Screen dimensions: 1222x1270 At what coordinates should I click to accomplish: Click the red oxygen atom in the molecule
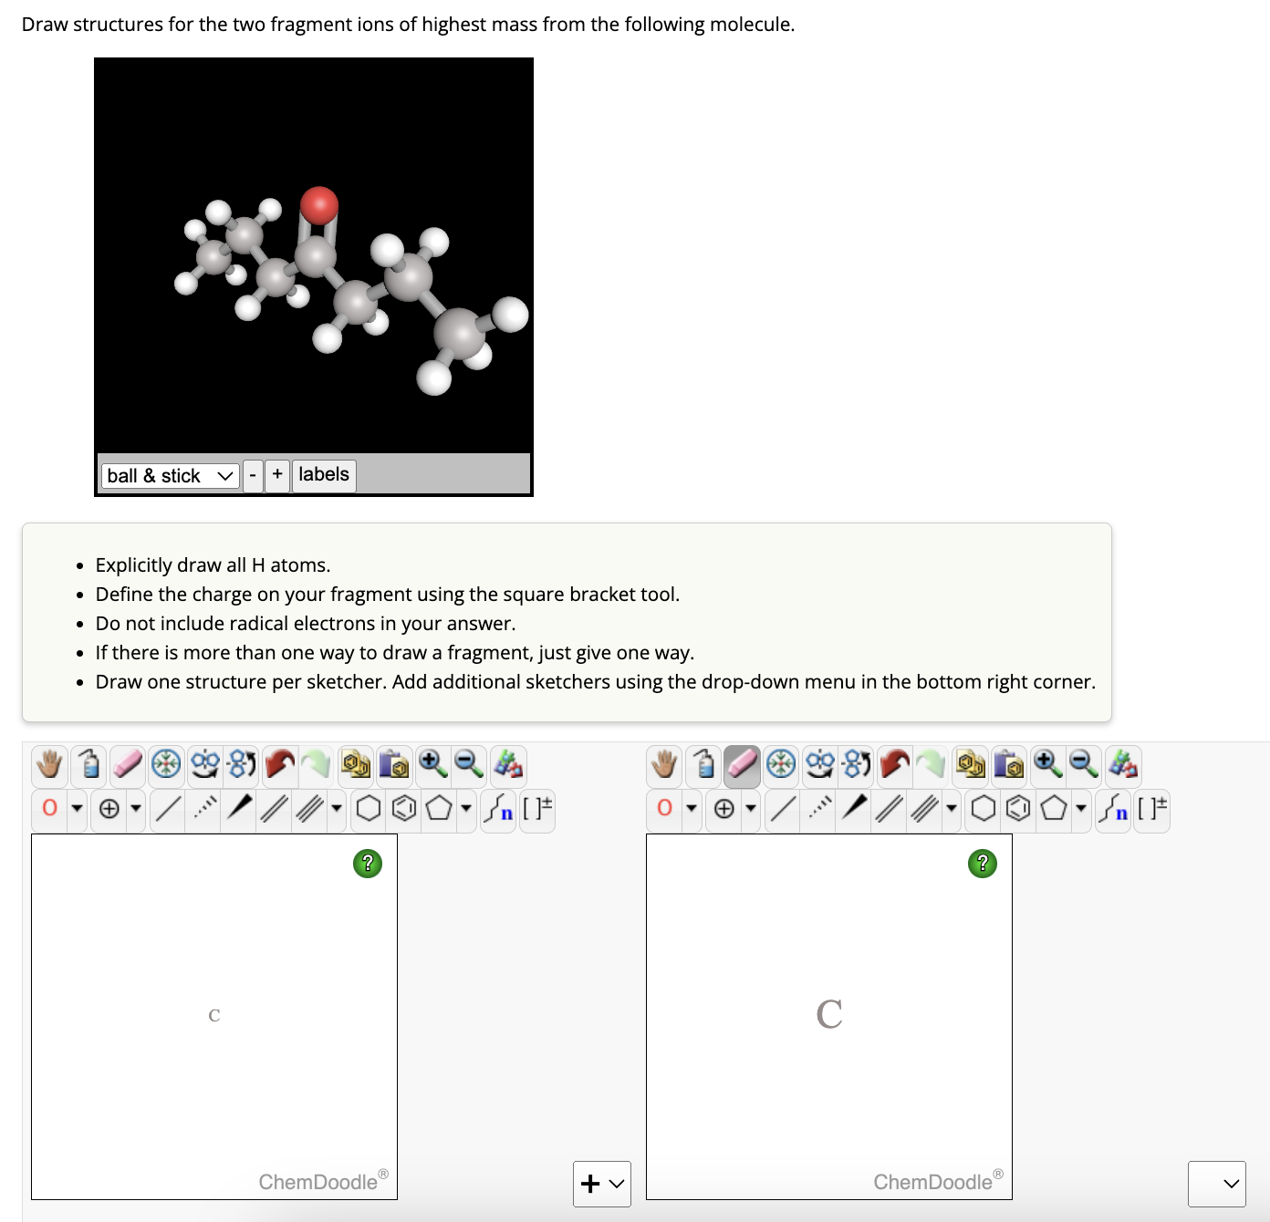coord(319,204)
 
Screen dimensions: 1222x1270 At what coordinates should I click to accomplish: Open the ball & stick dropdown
coord(171,475)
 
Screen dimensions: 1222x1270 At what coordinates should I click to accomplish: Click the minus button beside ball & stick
coord(253,475)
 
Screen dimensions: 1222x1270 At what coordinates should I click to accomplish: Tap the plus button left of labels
coord(277,474)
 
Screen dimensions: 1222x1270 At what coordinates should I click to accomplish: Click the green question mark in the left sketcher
coord(367,863)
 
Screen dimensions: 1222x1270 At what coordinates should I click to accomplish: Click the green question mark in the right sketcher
coord(982,863)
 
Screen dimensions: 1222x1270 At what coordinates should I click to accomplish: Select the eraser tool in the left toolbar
coord(128,764)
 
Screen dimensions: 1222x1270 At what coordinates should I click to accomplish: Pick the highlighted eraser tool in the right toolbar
coord(743,764)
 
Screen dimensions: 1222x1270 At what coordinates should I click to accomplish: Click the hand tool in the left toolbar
coord(50,764)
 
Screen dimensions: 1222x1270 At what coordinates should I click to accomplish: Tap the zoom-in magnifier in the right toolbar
coord(1047,764)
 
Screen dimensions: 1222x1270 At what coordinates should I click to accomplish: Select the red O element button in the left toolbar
coord(50,808)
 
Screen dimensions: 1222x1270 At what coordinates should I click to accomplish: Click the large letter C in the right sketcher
coord(829,1014)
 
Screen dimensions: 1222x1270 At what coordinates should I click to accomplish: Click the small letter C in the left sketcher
coord(214,1015)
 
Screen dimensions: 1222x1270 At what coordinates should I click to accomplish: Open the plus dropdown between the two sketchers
coord(602,1184)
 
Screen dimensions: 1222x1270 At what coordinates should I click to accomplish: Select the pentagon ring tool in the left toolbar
coord(439,808)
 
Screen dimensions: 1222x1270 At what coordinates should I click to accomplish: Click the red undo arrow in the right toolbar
coord(895,764)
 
